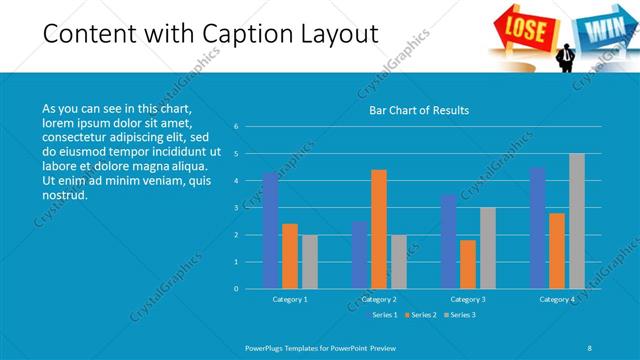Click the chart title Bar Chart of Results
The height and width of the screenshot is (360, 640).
tap(413, 110)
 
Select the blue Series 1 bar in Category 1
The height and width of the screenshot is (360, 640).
tap(271, 231)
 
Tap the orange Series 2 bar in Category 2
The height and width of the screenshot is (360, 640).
tap(379, 229)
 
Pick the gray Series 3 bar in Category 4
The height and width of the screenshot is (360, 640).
tap(577, 221)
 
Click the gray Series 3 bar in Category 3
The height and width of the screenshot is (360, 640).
tap(488, 248)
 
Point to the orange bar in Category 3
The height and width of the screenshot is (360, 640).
tap(468, 264)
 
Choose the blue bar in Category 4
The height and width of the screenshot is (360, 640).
tap(537, 228)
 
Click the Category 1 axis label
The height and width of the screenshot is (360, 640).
tap(291, 299)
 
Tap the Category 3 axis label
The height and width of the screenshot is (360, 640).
tap(468, 299)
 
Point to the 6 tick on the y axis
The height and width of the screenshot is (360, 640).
tap(236, 127)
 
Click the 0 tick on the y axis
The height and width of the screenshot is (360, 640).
tap(236, 289)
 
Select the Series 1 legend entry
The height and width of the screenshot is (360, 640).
tap(383, 315)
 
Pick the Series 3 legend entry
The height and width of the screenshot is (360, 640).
tap(460, 315)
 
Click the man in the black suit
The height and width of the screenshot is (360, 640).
tap(567, 56)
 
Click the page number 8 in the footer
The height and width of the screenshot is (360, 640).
tap(589, 347)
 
